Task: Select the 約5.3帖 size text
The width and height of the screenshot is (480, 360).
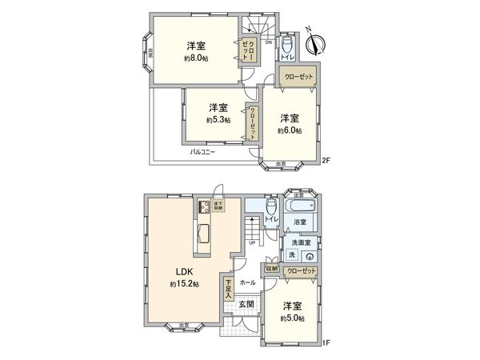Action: pos(217,120)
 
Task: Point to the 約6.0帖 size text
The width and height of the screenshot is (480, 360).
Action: pos(290,131)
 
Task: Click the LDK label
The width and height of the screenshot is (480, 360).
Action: pos(184,270)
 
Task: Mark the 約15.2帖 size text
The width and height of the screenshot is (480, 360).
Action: pos(184,284)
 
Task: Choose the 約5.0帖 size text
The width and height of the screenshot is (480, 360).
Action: pos(292,318)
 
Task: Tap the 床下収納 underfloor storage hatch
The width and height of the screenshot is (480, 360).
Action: pos(218,206)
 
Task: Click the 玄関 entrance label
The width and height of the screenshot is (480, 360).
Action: pos(246,304)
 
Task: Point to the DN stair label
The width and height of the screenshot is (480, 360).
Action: pos(269,41)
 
